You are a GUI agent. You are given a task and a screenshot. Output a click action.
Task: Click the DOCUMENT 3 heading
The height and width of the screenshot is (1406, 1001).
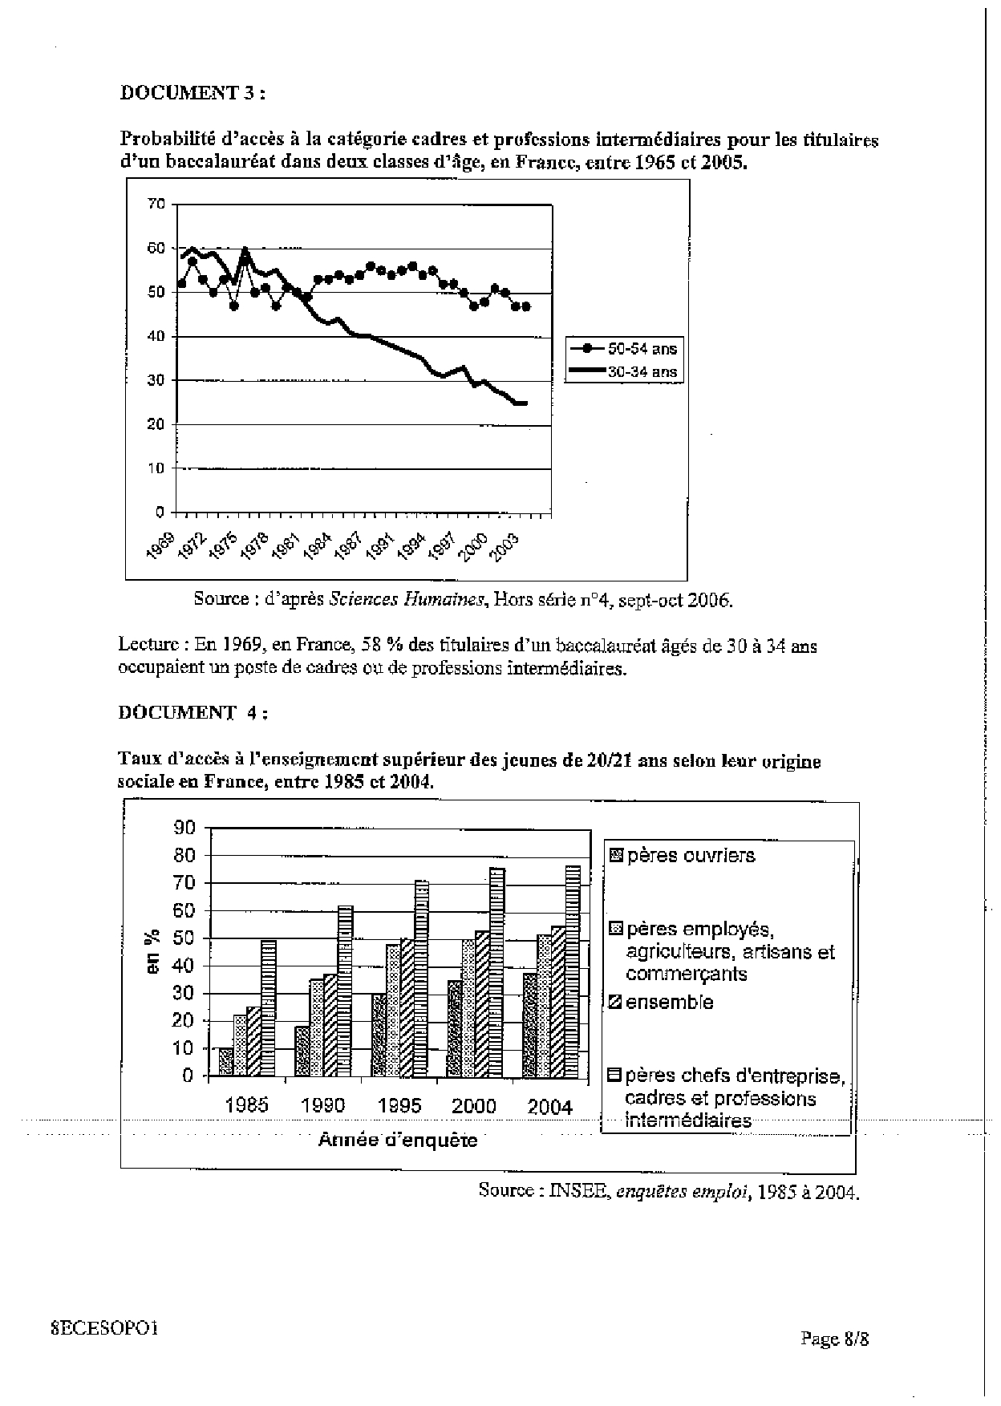click(192, 93)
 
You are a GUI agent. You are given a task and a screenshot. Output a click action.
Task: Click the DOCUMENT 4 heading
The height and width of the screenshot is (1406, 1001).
click(192, 712)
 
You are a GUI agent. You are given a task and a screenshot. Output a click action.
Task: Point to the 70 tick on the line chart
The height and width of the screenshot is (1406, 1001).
click(156, 205)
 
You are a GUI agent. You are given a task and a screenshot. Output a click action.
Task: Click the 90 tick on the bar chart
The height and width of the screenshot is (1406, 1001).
click(184, 828)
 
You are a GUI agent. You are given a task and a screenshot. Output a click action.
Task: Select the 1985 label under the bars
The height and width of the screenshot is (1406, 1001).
click(247, 1105)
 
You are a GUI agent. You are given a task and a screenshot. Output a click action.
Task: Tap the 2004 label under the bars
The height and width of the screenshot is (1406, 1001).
click(550, 1107)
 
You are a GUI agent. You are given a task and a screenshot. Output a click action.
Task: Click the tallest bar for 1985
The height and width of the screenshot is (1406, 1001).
click(269, 1007)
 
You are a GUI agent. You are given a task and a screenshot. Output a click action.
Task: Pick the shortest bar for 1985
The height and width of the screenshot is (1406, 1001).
click(226, 1061)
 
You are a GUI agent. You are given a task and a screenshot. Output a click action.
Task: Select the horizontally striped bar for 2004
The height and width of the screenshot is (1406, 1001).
click(572, 970)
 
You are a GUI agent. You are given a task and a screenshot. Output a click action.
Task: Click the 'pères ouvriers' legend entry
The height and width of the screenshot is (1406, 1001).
click(683, 856)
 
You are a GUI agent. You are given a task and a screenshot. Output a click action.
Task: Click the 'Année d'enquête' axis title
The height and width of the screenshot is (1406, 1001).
click(398, 1140)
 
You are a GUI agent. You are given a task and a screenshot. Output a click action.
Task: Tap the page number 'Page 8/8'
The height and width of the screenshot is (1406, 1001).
click(834, 1339)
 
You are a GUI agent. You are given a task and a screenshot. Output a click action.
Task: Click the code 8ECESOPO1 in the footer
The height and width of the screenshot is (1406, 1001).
click(104, 1327)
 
